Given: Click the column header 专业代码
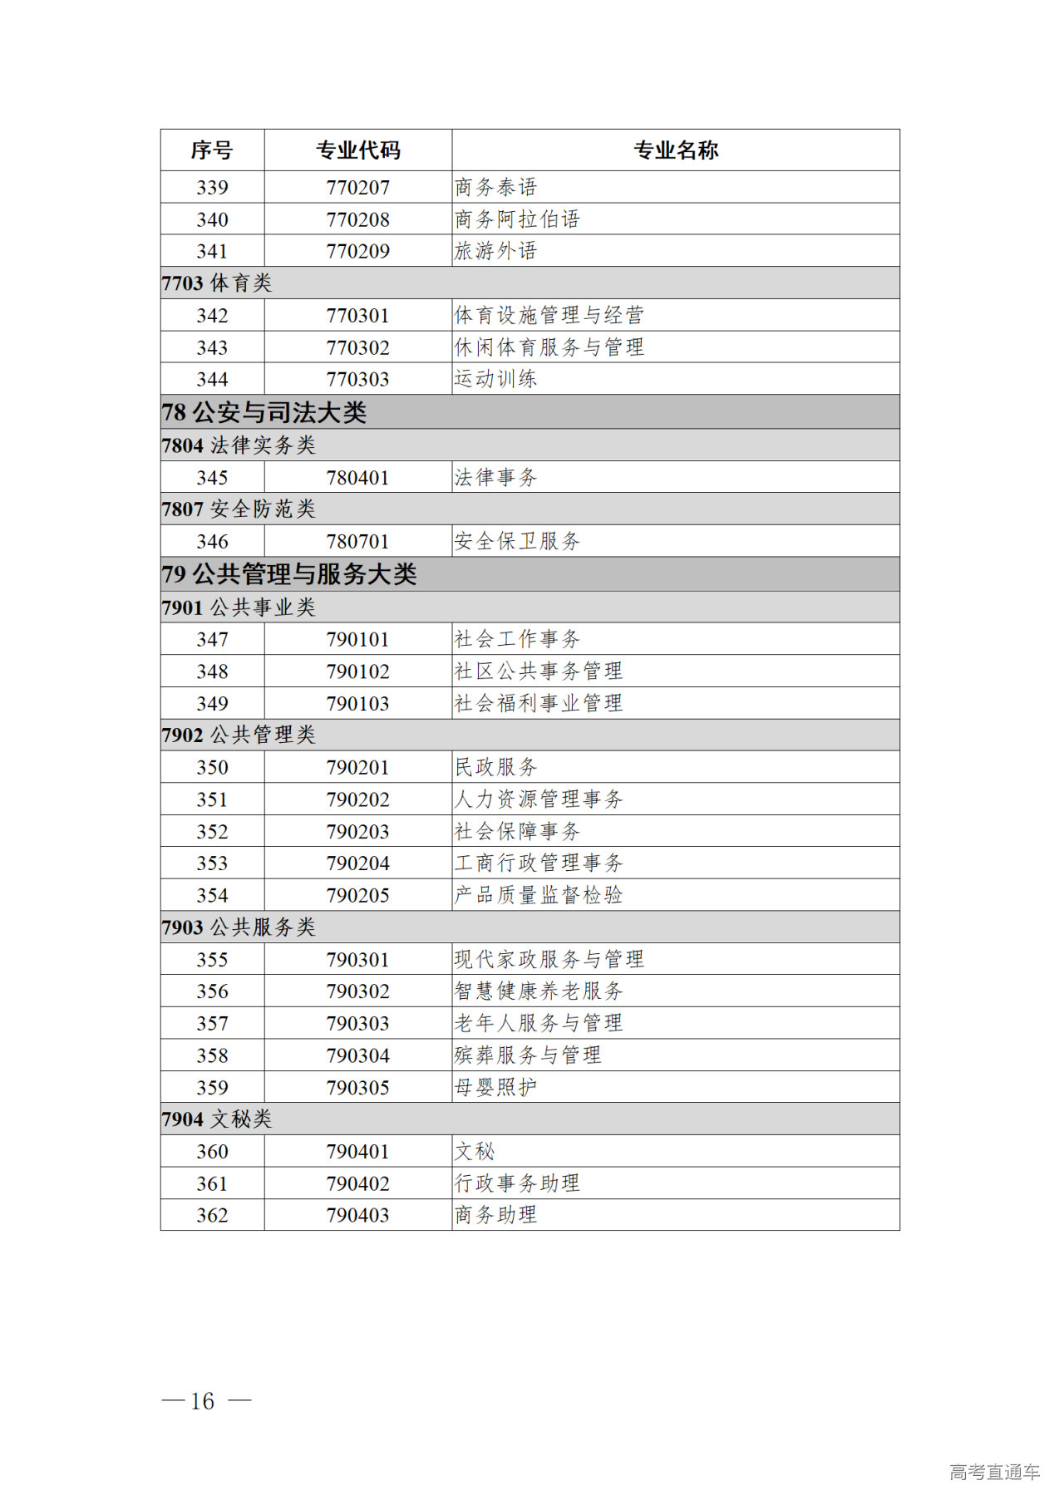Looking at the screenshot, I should tap(357, 150).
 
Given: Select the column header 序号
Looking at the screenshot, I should tap(212, 150).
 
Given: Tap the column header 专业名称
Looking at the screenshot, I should tap(675, 150).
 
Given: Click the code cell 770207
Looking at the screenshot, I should tap(357, 188).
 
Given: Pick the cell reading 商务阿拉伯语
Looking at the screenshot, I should tap(517, 219).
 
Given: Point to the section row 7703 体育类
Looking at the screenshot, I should tap(217, 283).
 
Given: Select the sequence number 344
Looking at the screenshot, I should tap(212, 380).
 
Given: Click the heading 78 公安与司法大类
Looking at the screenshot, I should tap(264, 412).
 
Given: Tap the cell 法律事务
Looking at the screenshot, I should tap(495, 478).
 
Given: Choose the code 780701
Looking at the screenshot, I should tap(357, 542).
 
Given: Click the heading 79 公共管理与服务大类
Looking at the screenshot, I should tap(288, 574).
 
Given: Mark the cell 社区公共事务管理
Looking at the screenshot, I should tap(539, 671).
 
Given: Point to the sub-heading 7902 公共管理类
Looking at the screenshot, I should tap(239, 735).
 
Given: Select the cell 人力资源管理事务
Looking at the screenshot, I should tap(539, 799).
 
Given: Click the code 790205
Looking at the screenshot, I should tap(357, 896).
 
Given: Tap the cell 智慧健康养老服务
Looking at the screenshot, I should tap(539, 991).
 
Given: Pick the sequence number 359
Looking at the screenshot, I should tap(212, 1088).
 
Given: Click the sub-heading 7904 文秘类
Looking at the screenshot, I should tap(217, 1119).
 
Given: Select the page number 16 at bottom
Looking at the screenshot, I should tap(203, 1401).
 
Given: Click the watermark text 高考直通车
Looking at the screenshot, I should tap(994, 1473).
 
